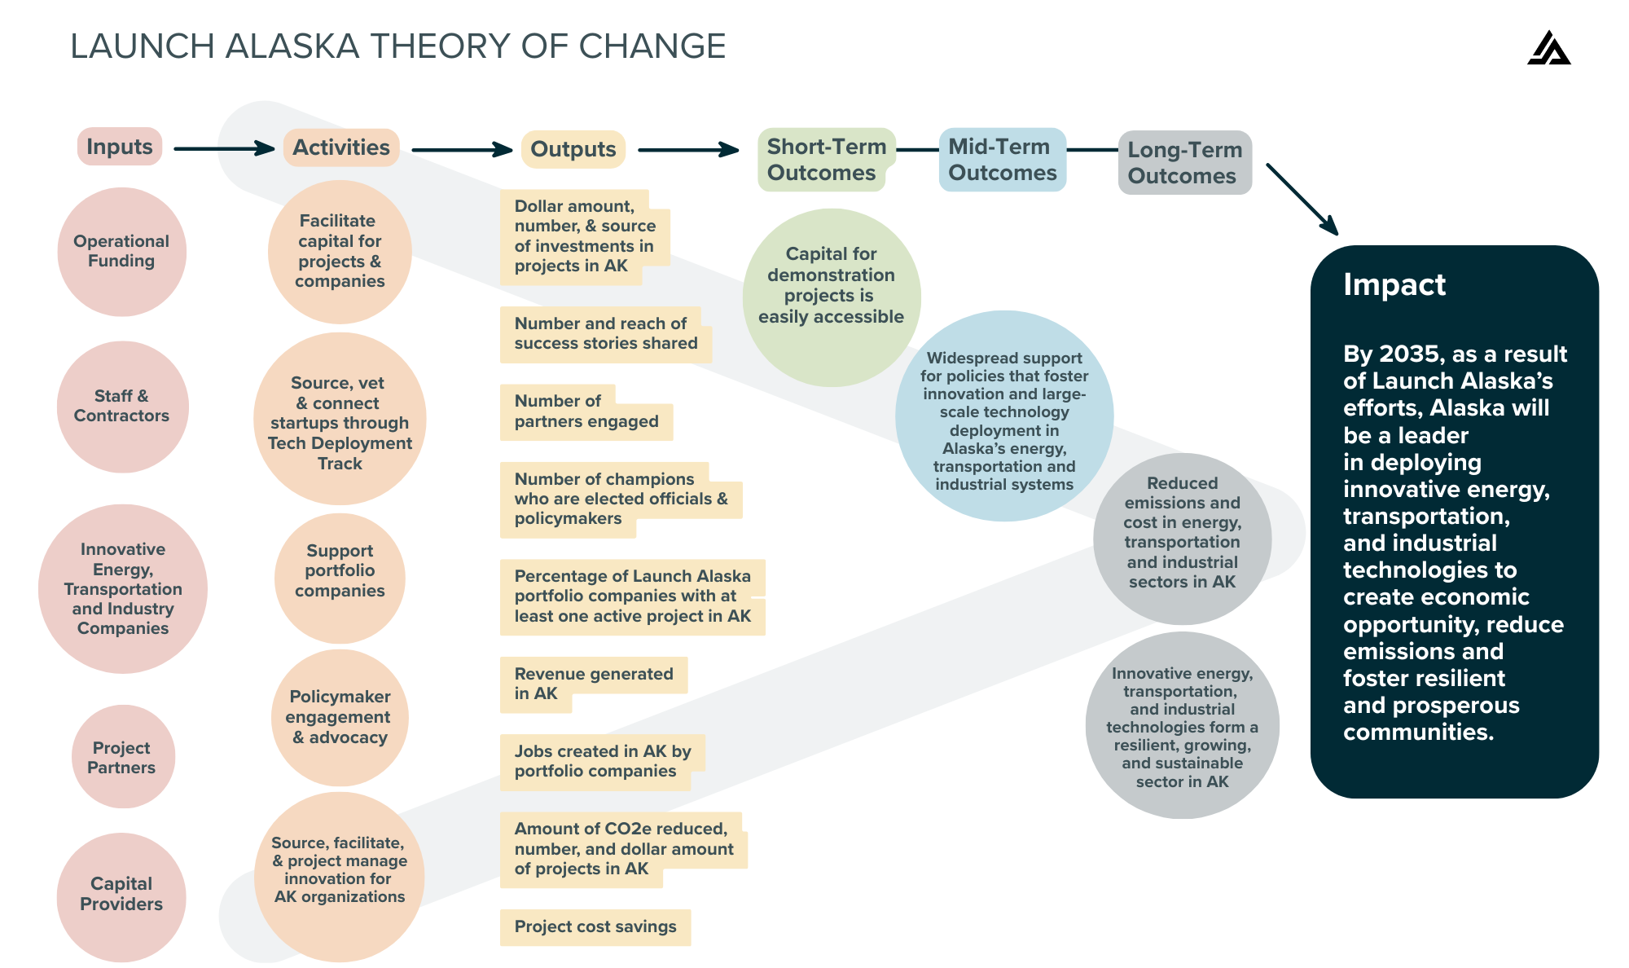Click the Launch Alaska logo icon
point(1548,49)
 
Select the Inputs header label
point(120,147)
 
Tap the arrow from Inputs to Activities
point(224,148)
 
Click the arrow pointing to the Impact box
point(1302,200)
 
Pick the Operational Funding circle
point(121,251)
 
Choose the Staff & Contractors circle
point(122,406)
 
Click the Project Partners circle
point(123,757)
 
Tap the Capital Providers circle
point(121,895)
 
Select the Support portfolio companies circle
point(340,571)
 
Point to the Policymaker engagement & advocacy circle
point(340,717)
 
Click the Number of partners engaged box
point(586,412)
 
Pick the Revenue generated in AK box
point(593,684)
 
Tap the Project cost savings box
point(595,927)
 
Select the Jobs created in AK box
point(602,762)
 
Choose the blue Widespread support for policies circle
point(1004,417)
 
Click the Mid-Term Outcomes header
point(1002,160)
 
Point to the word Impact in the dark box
point(1394,285)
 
